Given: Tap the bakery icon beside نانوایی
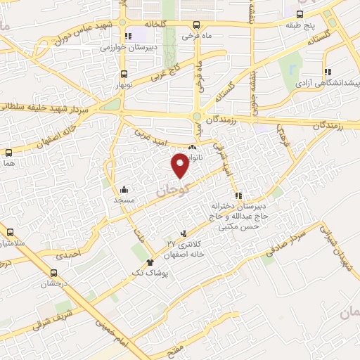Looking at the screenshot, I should point(192,148).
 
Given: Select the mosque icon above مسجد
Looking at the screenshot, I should point(124,189).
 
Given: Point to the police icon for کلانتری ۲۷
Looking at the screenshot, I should point(184,233).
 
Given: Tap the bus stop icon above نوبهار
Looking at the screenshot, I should point(124,74).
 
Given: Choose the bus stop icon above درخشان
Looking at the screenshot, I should point(54,273).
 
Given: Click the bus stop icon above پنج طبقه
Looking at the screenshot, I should point(300,13).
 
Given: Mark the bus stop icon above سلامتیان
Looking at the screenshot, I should point(10,232).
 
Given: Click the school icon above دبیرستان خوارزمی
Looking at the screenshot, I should point(127,37).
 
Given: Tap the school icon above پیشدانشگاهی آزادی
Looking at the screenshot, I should point(327,71).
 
